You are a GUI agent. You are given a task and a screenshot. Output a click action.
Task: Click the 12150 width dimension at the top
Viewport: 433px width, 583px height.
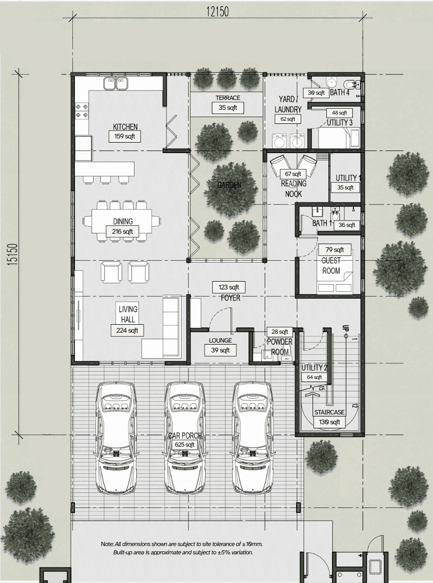218,12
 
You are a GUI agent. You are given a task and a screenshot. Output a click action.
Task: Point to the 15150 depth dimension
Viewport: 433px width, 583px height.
12,255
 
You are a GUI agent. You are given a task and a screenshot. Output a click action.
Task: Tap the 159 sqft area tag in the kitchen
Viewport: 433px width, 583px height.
124,136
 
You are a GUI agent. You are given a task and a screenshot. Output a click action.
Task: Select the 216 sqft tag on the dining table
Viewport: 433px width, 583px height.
122,232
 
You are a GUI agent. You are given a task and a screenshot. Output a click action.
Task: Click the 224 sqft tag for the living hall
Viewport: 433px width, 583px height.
127,330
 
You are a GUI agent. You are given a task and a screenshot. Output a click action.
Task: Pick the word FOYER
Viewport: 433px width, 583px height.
231,298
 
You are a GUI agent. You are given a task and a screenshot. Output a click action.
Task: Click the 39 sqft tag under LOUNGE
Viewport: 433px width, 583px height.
220,350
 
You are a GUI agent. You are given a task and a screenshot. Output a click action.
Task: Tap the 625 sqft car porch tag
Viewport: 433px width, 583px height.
185,445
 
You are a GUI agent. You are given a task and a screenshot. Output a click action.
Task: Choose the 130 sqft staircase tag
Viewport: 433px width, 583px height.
329,422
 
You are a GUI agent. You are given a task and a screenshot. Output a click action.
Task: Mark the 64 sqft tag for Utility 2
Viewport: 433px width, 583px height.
314,377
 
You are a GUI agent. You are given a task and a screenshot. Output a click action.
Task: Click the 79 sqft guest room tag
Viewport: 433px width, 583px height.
335,250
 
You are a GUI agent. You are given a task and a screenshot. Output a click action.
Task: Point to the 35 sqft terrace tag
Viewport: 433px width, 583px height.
228,108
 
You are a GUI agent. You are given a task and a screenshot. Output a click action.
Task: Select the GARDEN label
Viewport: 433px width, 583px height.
230,185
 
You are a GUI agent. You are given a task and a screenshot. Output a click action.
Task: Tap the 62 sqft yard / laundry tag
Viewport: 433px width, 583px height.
288,119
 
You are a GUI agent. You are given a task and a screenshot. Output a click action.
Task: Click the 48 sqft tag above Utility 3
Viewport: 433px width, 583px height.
339,112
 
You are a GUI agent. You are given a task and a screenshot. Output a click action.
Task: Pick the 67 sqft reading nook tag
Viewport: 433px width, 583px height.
293,174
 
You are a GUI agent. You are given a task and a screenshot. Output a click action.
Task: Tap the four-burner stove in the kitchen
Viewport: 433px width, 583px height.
82,110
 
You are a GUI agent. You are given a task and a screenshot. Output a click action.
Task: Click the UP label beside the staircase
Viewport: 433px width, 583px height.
346,328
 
